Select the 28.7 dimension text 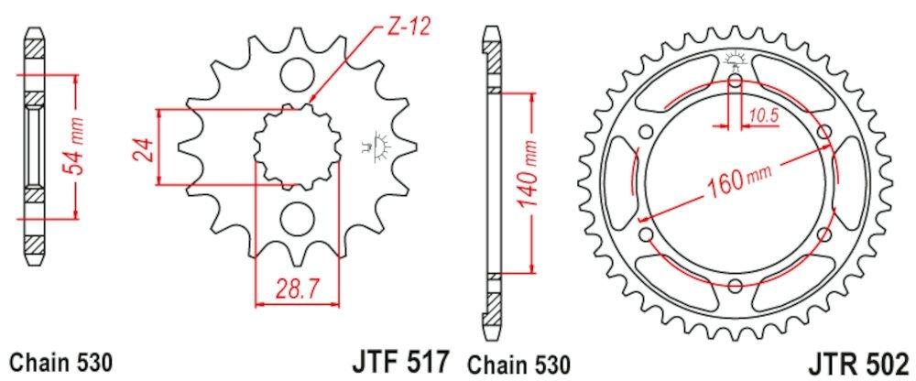[x=294, y=291]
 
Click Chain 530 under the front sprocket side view [x=60, y=363]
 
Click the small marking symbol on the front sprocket [x=376, y=147]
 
